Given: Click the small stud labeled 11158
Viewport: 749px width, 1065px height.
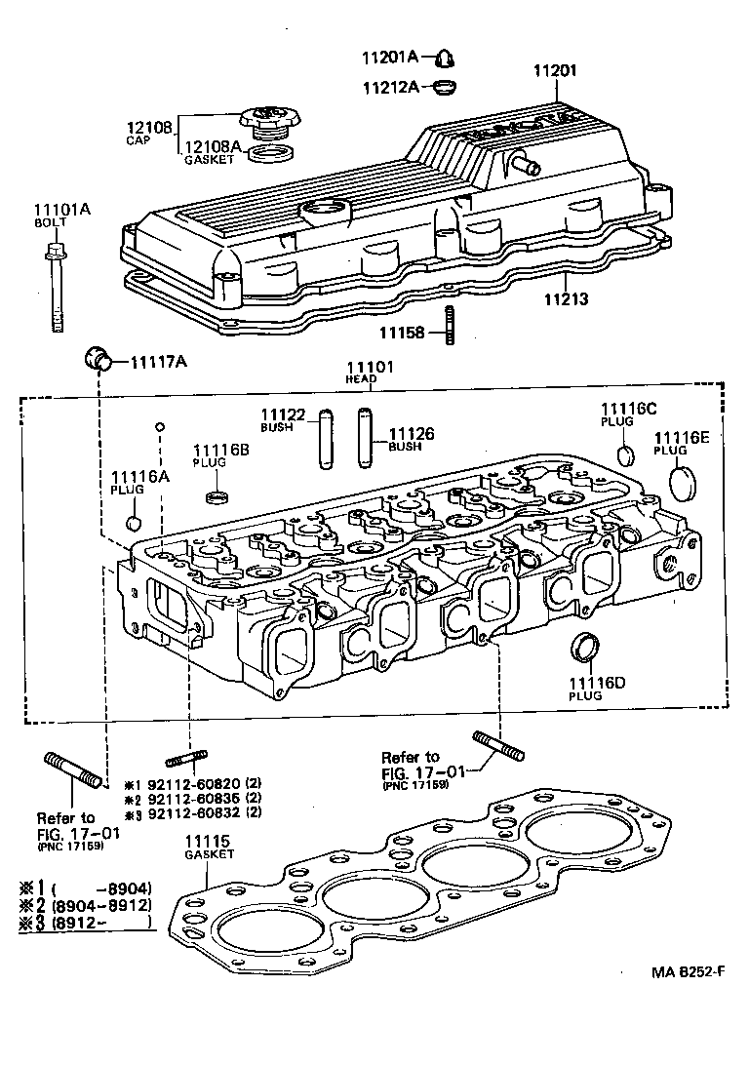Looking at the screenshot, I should [451, 324].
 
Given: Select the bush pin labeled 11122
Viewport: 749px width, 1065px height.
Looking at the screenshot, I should [326, 438].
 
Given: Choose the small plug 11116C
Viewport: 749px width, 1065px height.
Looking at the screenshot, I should [627, 455].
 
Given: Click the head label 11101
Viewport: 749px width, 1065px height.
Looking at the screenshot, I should [369, 366].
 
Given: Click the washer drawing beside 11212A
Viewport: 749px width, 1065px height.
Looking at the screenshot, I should [444, 87].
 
